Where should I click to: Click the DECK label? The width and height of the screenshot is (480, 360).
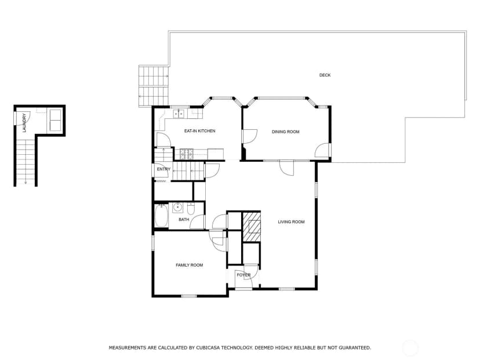click(325, 75)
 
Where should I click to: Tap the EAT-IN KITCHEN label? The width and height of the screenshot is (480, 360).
click(199, 131)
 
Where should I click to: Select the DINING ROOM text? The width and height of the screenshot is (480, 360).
click(286, 132)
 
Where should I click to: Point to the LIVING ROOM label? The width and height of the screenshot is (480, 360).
click(291, 222)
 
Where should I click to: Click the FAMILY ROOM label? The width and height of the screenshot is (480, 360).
click(189, 265)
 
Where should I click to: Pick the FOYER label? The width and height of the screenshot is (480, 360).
click(243, 275)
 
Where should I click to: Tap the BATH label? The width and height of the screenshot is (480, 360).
click(184, 220)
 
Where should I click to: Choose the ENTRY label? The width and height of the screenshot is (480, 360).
click(163, 169)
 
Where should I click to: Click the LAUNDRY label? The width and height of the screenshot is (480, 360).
click(24, 123)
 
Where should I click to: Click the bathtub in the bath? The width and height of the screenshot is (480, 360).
click(161, 216)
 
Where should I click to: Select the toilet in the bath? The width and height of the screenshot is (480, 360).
click(191, 209)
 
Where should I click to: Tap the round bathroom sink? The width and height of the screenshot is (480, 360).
click(177, 208)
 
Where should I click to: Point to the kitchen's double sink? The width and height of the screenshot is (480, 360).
click(179, 114)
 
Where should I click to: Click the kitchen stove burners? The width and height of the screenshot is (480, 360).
click(187, 154)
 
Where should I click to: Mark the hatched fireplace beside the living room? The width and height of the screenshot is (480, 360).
click(252, 227)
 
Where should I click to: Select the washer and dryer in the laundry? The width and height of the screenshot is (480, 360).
click(55, 120)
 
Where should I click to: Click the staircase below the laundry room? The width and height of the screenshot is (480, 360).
click(25, 162)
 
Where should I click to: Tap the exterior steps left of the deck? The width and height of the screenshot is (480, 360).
click(154, 86)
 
